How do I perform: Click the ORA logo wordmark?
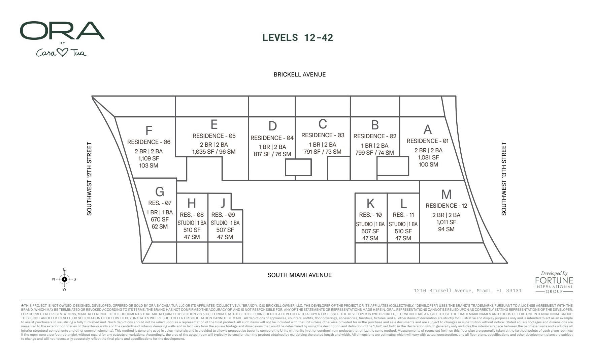coord(62,31)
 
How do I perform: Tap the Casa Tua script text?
coord(61,53)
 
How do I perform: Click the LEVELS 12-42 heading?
coord(298,37)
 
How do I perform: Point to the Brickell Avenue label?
coord(299,74)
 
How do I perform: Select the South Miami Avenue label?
coord(299,275)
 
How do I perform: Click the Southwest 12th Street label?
coord(89,179)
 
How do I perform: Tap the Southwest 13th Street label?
coord(504,179)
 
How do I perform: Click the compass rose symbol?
coord(64,279)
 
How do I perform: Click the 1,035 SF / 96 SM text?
coord(214,152)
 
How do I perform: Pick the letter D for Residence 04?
coord(272,126)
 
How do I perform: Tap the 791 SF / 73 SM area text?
coord(322,152)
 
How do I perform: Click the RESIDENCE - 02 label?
coord(375,136)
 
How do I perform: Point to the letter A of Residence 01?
coord(427,129)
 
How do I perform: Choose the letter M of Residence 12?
coord(446,194)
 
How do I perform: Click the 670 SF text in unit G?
coord(160,219)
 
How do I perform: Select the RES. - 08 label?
coord(192,215)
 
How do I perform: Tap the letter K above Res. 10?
coord(370,204)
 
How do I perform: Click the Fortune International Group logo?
coord(554,282)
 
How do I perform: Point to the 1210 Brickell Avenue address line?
coord(468,291)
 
